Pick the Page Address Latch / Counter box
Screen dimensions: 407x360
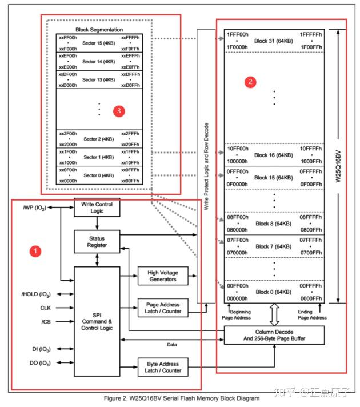pos(161,308)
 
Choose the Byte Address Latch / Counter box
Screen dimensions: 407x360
pos(161,367)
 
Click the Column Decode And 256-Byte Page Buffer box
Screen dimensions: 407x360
pos(274,336)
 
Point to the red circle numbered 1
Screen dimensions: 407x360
pos(35,250)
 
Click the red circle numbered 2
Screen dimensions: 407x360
pos(250,81)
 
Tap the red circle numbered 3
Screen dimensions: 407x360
pos(118,111)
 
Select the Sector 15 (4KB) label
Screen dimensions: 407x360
pos(98,43)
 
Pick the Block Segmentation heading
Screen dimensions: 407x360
pos(99,30)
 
